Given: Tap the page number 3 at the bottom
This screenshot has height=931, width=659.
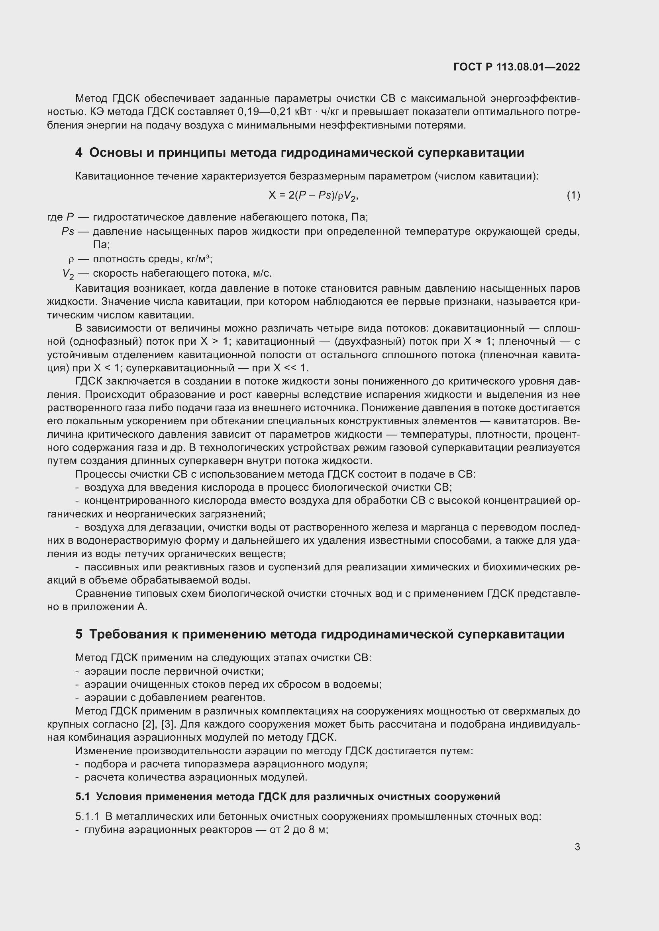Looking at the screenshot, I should (577, 847).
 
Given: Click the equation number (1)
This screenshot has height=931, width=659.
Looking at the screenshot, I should (573, 195).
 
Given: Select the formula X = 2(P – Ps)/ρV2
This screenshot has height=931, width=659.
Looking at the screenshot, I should (313, 196).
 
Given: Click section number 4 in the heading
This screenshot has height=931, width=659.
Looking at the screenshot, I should (79, 153).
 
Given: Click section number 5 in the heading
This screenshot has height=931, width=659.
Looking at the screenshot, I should (79, 634).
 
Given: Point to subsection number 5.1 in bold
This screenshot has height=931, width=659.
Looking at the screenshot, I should (82, 797).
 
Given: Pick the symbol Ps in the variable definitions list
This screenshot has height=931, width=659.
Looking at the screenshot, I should (68, 232).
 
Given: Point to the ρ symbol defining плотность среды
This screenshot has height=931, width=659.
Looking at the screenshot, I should (71, 259).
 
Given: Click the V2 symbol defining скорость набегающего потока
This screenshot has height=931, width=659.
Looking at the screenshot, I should (68, 274).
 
